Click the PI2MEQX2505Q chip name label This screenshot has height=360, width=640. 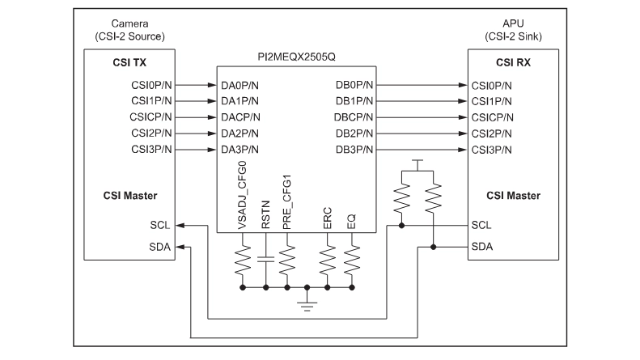(296, 57)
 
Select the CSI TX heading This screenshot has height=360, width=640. (129, 62)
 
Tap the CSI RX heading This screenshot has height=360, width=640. (513, 62)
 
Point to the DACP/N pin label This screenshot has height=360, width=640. (240, 117)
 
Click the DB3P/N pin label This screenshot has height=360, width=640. (354, 150)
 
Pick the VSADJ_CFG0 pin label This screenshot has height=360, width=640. (242, 195)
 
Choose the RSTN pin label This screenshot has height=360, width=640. (265, 214)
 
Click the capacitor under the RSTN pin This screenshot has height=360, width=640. (265, 259)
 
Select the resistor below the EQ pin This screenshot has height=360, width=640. (352, 260)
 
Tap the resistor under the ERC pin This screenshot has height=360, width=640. (328, 260)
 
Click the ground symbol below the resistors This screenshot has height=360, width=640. (307, 306)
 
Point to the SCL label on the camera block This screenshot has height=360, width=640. (160, 226)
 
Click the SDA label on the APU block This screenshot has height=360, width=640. (482, 247)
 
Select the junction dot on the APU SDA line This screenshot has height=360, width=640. (433, 247)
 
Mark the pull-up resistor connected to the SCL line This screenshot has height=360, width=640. (401, 197)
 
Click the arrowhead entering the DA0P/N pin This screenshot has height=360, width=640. (212, 85)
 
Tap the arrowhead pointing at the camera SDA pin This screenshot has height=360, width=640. (180, 247)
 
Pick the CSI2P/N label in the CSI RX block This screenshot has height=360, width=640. (491, 133)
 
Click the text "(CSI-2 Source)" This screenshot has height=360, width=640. (129, 36)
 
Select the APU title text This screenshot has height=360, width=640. (513, 23)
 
